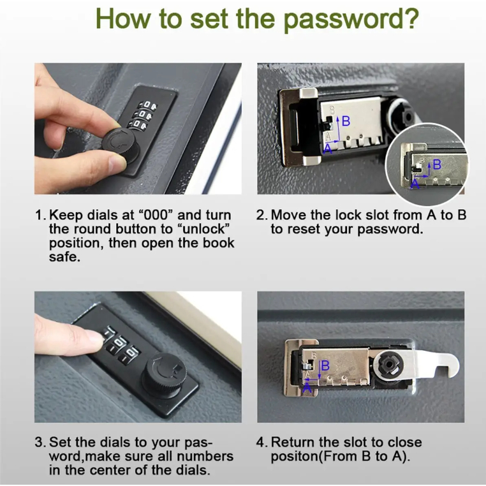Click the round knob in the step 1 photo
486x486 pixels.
(120, 144)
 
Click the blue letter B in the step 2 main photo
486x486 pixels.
(346, 121)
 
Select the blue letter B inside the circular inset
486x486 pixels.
(437, 165)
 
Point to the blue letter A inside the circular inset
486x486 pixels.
(415, 184)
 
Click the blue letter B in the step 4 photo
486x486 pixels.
(325, 365)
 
